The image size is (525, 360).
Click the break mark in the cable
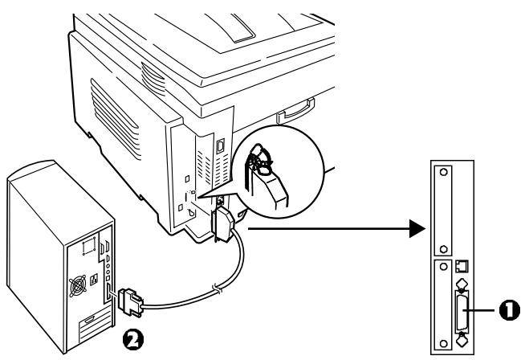211,288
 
